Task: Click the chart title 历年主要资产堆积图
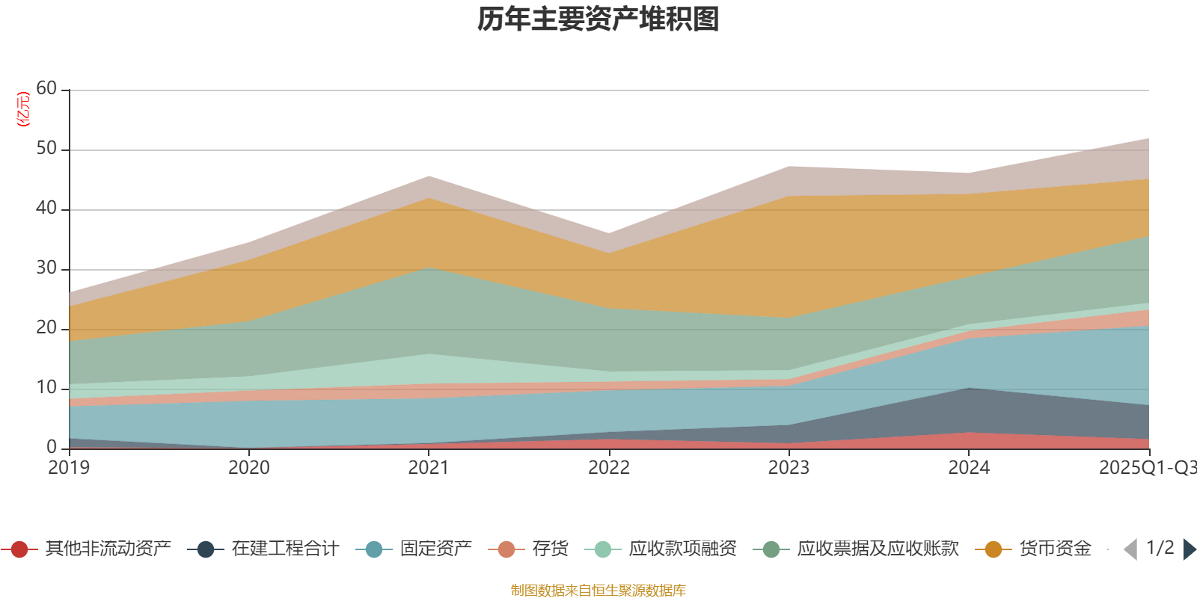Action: pyautogui.click(x=598, y=20)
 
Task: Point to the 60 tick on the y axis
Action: pyautogui.click(x=46, y=89)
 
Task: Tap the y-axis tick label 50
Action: pyautogui.click(x=46, y=149)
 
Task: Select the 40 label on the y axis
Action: pyautogui.click(x=46, y=209)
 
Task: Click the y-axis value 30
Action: pyautogui.click(x=46, y=268)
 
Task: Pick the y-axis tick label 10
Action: pyautogui.click(x=46, y=388)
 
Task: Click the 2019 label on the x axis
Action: pyautogui.click(x=69, y=468)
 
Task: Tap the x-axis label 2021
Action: pyautogui.click(x=429, y=468)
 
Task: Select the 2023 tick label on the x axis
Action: pyautogui.click(x=789, y=468)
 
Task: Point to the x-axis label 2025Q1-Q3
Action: pyautogui.click(x=1147, y=468)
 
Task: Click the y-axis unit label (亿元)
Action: pyautogui.click(x=23, y=109)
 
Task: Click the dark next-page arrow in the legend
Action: pyautogui.click(x=1190, y=549)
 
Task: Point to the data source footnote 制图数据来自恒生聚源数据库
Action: pyautogui.click(x=598, y=591)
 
